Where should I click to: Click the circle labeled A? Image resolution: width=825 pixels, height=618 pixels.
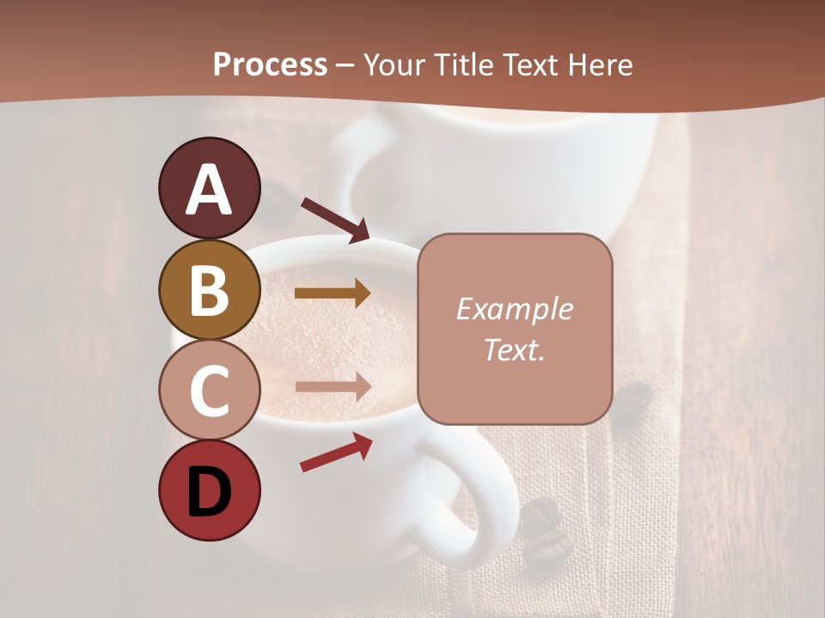click(210, 188)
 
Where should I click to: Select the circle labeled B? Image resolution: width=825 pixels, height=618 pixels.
click(210, 289)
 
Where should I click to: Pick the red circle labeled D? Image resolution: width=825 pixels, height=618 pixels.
click(210, 490)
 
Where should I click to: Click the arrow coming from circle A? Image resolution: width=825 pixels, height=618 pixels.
click(335, 220)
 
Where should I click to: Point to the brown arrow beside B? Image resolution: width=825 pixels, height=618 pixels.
click(333, 293)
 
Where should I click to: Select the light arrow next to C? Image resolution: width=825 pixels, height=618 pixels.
click(333, 386)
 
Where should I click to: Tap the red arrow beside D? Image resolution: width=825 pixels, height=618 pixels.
click(336, 452)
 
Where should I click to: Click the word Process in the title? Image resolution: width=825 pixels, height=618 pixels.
click(270, 64)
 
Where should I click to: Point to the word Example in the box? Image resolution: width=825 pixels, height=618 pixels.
click(514, 309)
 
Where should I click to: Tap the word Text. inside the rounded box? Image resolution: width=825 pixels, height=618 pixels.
click(514, 349)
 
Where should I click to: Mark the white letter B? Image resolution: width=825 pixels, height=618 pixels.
click(210, 291)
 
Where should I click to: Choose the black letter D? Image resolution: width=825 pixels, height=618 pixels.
click(210, 492)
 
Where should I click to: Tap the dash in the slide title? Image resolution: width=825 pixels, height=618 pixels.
click(345, 65)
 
